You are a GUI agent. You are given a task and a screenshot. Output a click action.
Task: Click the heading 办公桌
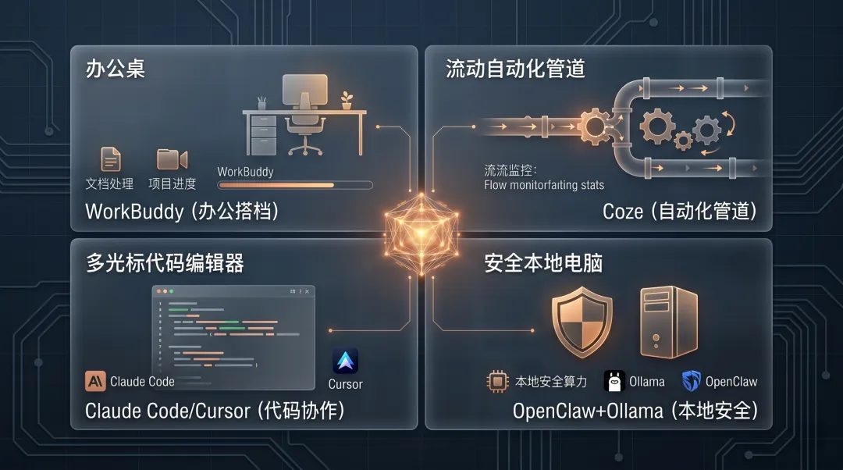click(116, 69)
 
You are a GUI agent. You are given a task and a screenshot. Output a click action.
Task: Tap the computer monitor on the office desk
click(304, 93)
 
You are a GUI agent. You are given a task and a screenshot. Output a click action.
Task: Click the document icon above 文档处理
click(111, 159)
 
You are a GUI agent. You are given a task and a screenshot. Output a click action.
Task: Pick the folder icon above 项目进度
click(172, 159)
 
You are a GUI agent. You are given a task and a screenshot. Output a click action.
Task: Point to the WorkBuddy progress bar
click(294, 186)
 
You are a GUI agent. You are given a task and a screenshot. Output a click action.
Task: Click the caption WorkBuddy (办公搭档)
click(182, 211)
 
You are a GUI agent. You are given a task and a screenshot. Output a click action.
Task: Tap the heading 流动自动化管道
click(515, 69)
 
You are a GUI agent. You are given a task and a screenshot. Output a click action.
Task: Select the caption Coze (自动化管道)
click(680, 211)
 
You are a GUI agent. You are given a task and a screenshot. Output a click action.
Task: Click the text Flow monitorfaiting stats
click(544, 185)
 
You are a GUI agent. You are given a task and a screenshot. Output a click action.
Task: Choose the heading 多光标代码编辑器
click(165, 263)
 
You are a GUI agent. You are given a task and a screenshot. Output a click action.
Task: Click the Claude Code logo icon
click(95, 381)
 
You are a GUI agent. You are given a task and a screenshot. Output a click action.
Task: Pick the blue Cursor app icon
click(345, 361)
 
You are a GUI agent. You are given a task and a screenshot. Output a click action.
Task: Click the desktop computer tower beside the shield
click(668, 321)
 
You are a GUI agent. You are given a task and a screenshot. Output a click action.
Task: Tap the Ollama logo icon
click(615, 381)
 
